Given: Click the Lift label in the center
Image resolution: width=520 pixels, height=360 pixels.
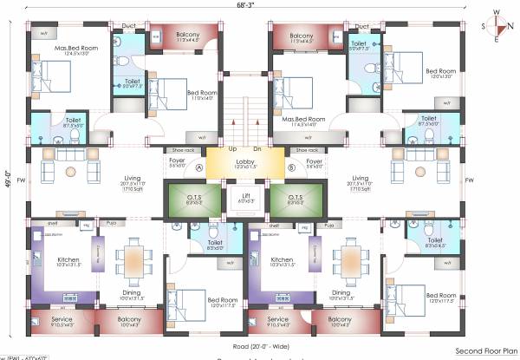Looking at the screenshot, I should click(247, 196).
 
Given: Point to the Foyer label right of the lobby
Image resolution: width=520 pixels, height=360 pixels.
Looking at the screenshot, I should click(315, 161).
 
